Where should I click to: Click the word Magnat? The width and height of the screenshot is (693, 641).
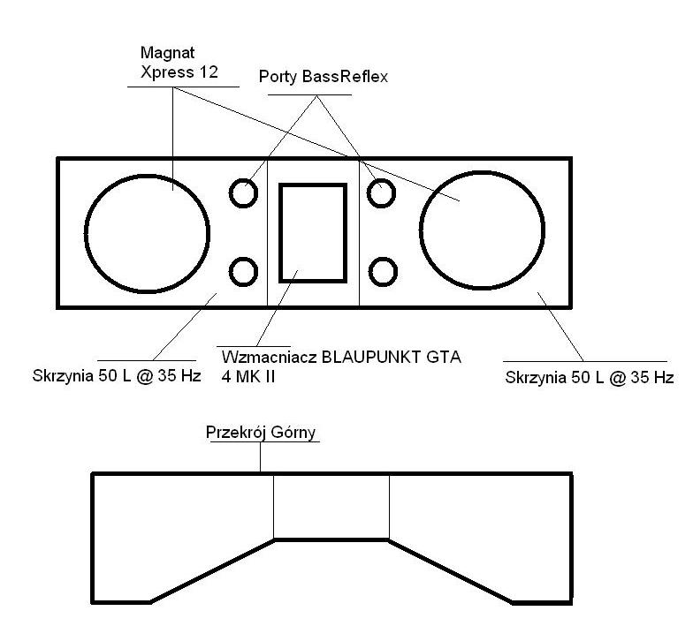(168, 53)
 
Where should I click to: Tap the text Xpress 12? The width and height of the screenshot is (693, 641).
(179, 72)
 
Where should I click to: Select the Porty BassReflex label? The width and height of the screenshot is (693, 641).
(324, 77)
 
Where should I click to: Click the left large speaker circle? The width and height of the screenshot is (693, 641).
(85, 234)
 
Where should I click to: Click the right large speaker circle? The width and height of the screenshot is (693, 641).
(420, 230)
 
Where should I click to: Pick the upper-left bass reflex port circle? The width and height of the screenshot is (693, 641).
(230, 192)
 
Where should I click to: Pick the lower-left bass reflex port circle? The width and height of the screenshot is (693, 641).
(230, 272)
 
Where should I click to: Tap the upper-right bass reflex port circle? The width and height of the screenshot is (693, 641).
(368, 192)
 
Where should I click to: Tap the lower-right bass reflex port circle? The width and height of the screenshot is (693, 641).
(369, 272)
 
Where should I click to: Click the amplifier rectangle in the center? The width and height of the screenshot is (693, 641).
(279, 233)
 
